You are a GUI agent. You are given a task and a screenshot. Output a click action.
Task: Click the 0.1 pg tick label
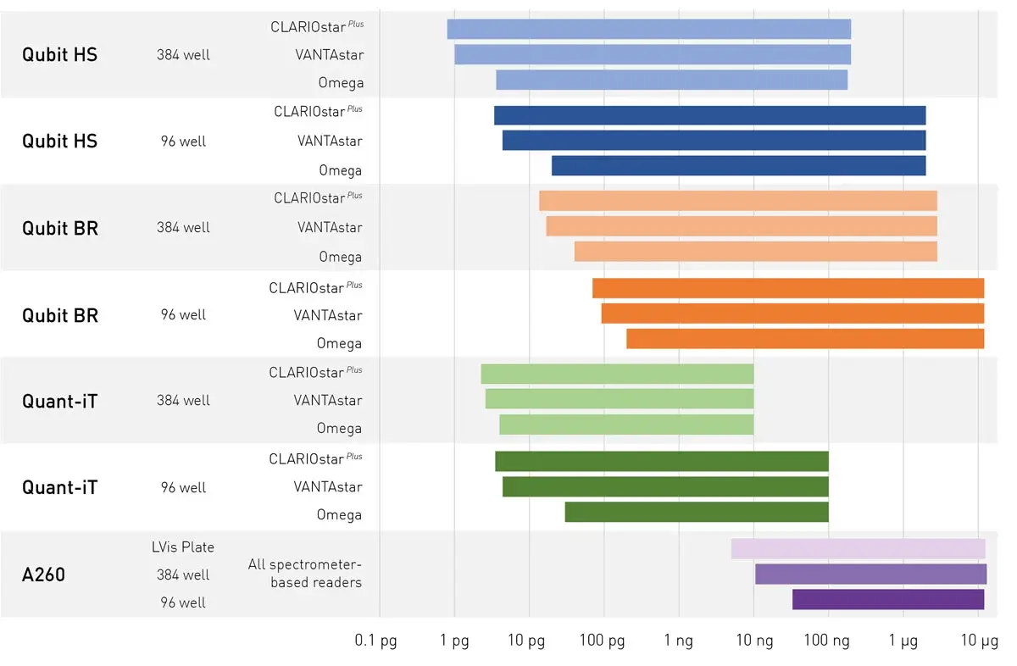(x=375, y=641)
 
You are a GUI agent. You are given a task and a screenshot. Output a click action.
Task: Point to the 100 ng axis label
(x=828, y=641)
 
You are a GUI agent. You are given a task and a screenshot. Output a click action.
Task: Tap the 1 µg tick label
(x=903, y=641)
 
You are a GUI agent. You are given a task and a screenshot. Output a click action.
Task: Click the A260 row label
(x=43, y=575)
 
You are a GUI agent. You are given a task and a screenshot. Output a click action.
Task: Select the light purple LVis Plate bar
(x=858, y=548)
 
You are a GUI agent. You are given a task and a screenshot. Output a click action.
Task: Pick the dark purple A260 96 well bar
(x=888, y=599)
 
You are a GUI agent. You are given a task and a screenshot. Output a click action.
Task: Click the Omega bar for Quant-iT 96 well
(x=697, y=512)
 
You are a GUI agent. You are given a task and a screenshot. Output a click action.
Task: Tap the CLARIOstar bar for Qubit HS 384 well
(x=648, y=29)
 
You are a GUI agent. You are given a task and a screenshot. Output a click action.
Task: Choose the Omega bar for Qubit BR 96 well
(x=805, y=339)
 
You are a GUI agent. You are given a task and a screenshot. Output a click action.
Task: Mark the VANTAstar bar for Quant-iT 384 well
(x=619, y=398)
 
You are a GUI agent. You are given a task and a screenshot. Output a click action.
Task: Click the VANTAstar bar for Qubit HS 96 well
(x=714, y=140)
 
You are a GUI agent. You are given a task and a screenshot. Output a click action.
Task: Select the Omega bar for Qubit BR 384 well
(x=755, y=252)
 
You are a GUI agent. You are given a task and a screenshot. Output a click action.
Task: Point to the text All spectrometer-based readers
(x=305, y=574)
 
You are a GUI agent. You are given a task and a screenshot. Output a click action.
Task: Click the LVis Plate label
(x=182, y=547)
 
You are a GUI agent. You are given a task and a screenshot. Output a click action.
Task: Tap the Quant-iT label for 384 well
(x=59, y=401)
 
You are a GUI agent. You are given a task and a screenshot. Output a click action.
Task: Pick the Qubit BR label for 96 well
(x=59, y=315)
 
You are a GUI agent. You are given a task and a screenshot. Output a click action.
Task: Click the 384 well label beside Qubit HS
(x=183, y=55)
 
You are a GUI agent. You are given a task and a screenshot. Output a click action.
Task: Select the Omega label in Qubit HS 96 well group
(x=341, y=170)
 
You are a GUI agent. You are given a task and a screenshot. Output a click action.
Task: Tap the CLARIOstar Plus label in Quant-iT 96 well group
(x=315, y=458)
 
